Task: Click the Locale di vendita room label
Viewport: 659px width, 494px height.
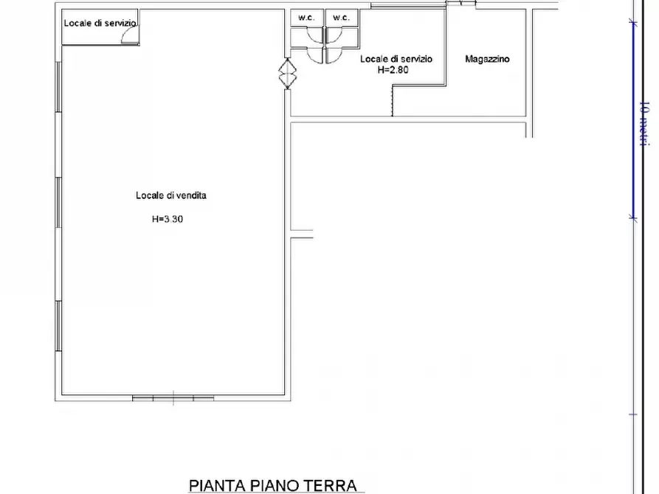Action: pos(171,195)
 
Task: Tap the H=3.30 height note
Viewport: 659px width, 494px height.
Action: pos(168,219)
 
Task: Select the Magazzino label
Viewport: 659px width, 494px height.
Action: pos(487,59)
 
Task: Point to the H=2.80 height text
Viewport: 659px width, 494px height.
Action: pos(393,70)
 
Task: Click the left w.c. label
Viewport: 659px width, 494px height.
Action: pos(306,18)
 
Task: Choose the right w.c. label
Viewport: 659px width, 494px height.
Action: pos(341,18)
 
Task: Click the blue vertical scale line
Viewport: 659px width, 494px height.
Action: pos(633,119)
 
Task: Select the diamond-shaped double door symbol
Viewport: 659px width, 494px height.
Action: pos(288,74)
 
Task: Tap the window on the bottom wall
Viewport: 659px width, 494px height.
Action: pos(173,398)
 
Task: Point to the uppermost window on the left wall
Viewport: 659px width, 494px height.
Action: pos(59,87)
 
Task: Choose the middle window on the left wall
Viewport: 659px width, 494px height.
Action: pos(59,203)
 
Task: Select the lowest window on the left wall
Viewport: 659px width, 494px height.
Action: pos(59,326)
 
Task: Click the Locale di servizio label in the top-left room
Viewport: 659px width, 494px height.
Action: pos(100,23)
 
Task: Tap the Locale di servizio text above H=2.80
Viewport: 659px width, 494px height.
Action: pos(396,59)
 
